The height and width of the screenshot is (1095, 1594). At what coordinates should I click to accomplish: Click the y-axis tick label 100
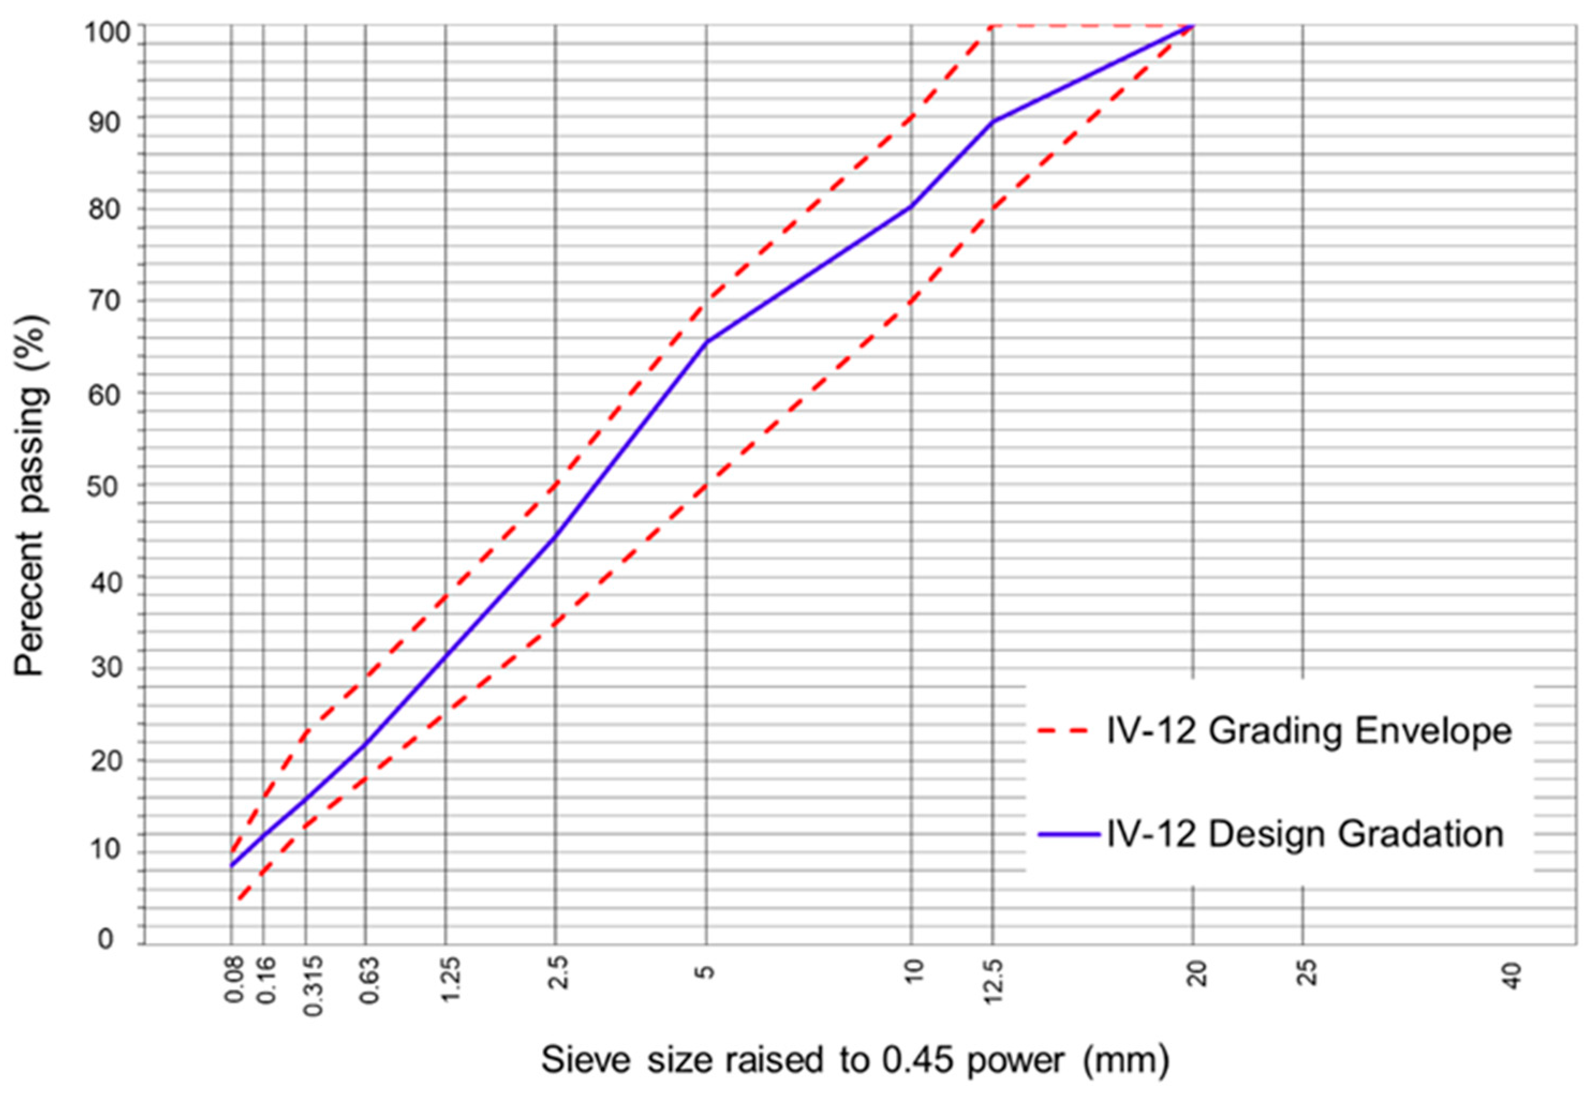tap(106, 32)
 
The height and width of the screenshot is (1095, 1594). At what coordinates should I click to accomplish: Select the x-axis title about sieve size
tap(855, 1060)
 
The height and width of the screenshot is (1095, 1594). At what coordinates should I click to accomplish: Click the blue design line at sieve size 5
tap(706, 342)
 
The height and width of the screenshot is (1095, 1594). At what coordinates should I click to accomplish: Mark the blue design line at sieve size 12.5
tap(992, 122)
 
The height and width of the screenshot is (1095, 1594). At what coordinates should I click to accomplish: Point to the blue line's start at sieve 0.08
tap(232, 866)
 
